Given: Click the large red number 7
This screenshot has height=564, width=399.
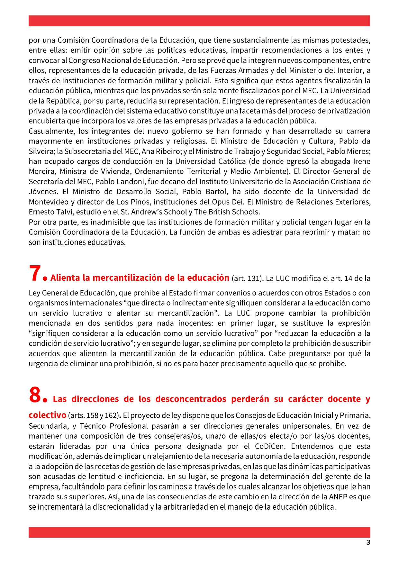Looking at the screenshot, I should coord(35,273).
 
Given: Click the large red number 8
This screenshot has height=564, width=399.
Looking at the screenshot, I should coord(35,395).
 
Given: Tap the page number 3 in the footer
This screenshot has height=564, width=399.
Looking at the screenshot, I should coord(368,542).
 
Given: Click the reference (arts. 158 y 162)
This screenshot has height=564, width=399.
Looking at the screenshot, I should coord(93,416).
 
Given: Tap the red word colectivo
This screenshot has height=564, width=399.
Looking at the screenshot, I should coord(47,415).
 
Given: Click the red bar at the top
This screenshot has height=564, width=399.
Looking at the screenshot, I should coord(199,21).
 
